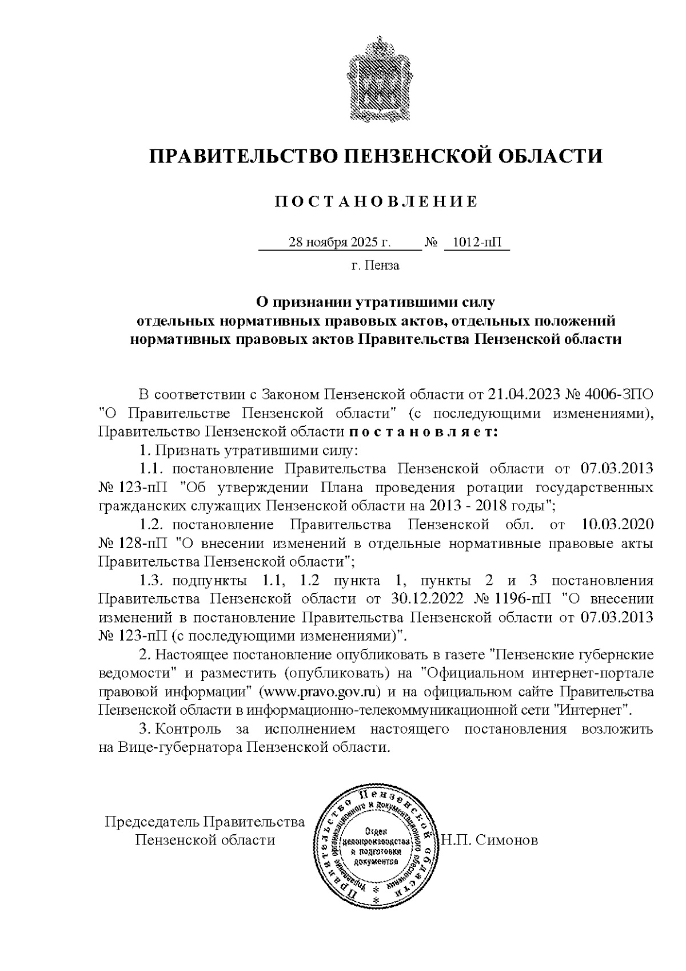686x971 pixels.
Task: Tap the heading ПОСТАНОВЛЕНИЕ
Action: [376, 202]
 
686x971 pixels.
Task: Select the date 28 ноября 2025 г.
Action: [340, 243]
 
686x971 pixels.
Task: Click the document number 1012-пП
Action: [476, 243]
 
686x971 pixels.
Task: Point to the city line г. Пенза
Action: [376, 265]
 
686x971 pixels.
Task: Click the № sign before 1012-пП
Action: [431, 243]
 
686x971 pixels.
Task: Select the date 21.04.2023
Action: [524, 395]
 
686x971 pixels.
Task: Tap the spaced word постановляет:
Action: [423, 431]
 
